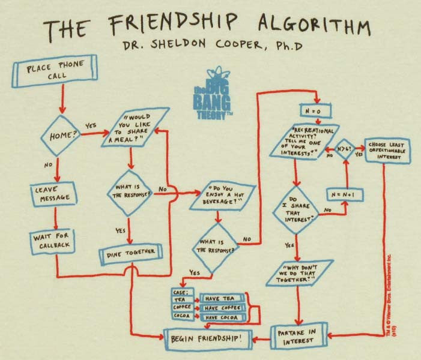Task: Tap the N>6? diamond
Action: click(345, 146)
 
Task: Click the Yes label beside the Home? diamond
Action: click(91, 126)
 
